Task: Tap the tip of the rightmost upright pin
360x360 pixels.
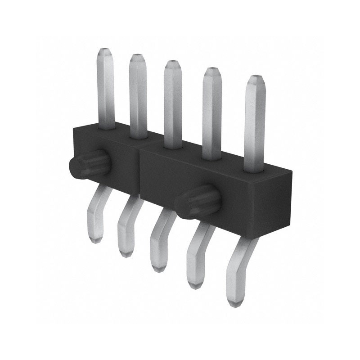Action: click(x=255, y=79)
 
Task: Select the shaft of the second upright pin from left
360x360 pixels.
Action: click(x=138, y=97)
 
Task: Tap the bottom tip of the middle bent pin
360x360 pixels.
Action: click(x=157, y=269)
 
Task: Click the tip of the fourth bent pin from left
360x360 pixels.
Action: click(x=194, y=285)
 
